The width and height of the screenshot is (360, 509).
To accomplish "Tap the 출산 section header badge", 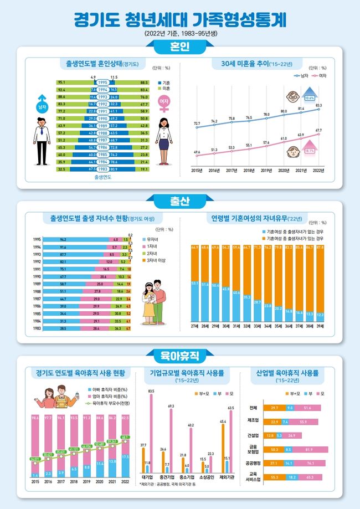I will tap(180, 199).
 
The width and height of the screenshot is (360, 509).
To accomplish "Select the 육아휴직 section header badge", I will tap(180, 353).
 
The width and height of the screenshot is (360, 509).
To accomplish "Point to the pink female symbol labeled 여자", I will tap(163, 105).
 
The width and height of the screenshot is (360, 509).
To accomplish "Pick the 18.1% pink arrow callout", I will tap(310, 150).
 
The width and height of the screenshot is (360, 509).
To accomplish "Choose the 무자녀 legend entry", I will tap(150, 239).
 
